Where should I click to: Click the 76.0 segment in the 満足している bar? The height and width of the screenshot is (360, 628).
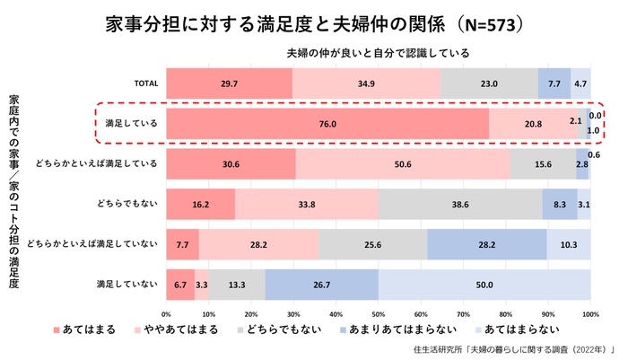click(x=327, y=123)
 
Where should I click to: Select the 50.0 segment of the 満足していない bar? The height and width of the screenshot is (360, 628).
click(x=484, y=285)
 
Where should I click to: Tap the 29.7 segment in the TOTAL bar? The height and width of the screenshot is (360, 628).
click(x=229, y=83)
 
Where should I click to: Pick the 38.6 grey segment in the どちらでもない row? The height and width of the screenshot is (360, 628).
click(x=460, y=204)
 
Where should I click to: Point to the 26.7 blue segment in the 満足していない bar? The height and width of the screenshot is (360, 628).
click(x=322, y=285)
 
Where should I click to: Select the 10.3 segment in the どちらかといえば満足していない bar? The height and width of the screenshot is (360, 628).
click(x=569, y=244)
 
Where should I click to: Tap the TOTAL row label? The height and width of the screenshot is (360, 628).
click(x=146, y=83)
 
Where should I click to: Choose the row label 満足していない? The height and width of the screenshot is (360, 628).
click(x=127, y=285)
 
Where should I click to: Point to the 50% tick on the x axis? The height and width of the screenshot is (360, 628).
click(x=379, y=314)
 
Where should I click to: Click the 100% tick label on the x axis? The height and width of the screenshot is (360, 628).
click(x=589, y=314)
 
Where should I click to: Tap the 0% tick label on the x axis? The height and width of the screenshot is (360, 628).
click(x=166, y=314)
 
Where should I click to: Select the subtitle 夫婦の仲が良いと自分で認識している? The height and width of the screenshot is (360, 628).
click(x=378, y=53)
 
